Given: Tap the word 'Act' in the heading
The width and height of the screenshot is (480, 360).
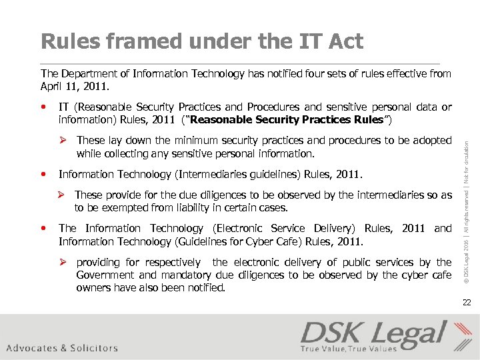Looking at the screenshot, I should click(346, 41).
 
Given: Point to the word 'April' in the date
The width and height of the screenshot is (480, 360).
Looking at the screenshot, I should click(52, 86).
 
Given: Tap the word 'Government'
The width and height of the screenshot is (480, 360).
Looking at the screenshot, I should click(107, 275).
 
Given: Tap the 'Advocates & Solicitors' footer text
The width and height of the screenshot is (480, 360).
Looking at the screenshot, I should click(62, 348).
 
